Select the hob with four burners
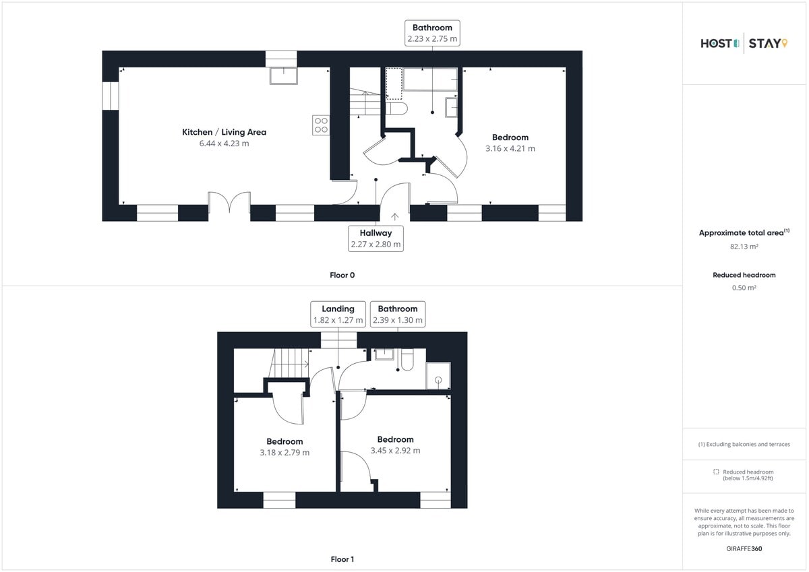click(x=320, y=125)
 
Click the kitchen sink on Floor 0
click(x=284, y=75)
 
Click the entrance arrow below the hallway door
click(x=394, y=216)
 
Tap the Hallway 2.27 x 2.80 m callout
click(x=376, y=238)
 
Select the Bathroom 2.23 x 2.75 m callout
click(x=432, y=33)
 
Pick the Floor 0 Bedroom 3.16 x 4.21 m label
click(x=510, y=143)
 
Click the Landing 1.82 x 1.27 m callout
click(x=338, y=314)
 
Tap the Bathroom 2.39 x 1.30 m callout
click(x=397, y=314)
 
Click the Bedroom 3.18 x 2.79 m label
click(x=284, y=447)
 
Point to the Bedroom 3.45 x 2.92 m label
click(x=395, y=445)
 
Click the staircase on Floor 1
click(x=289, y=364)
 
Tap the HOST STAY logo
click(x=744, y=44)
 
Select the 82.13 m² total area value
click(x=744, y=247)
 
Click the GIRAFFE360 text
click(x=744, y=548)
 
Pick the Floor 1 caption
click(x=342, y=559)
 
